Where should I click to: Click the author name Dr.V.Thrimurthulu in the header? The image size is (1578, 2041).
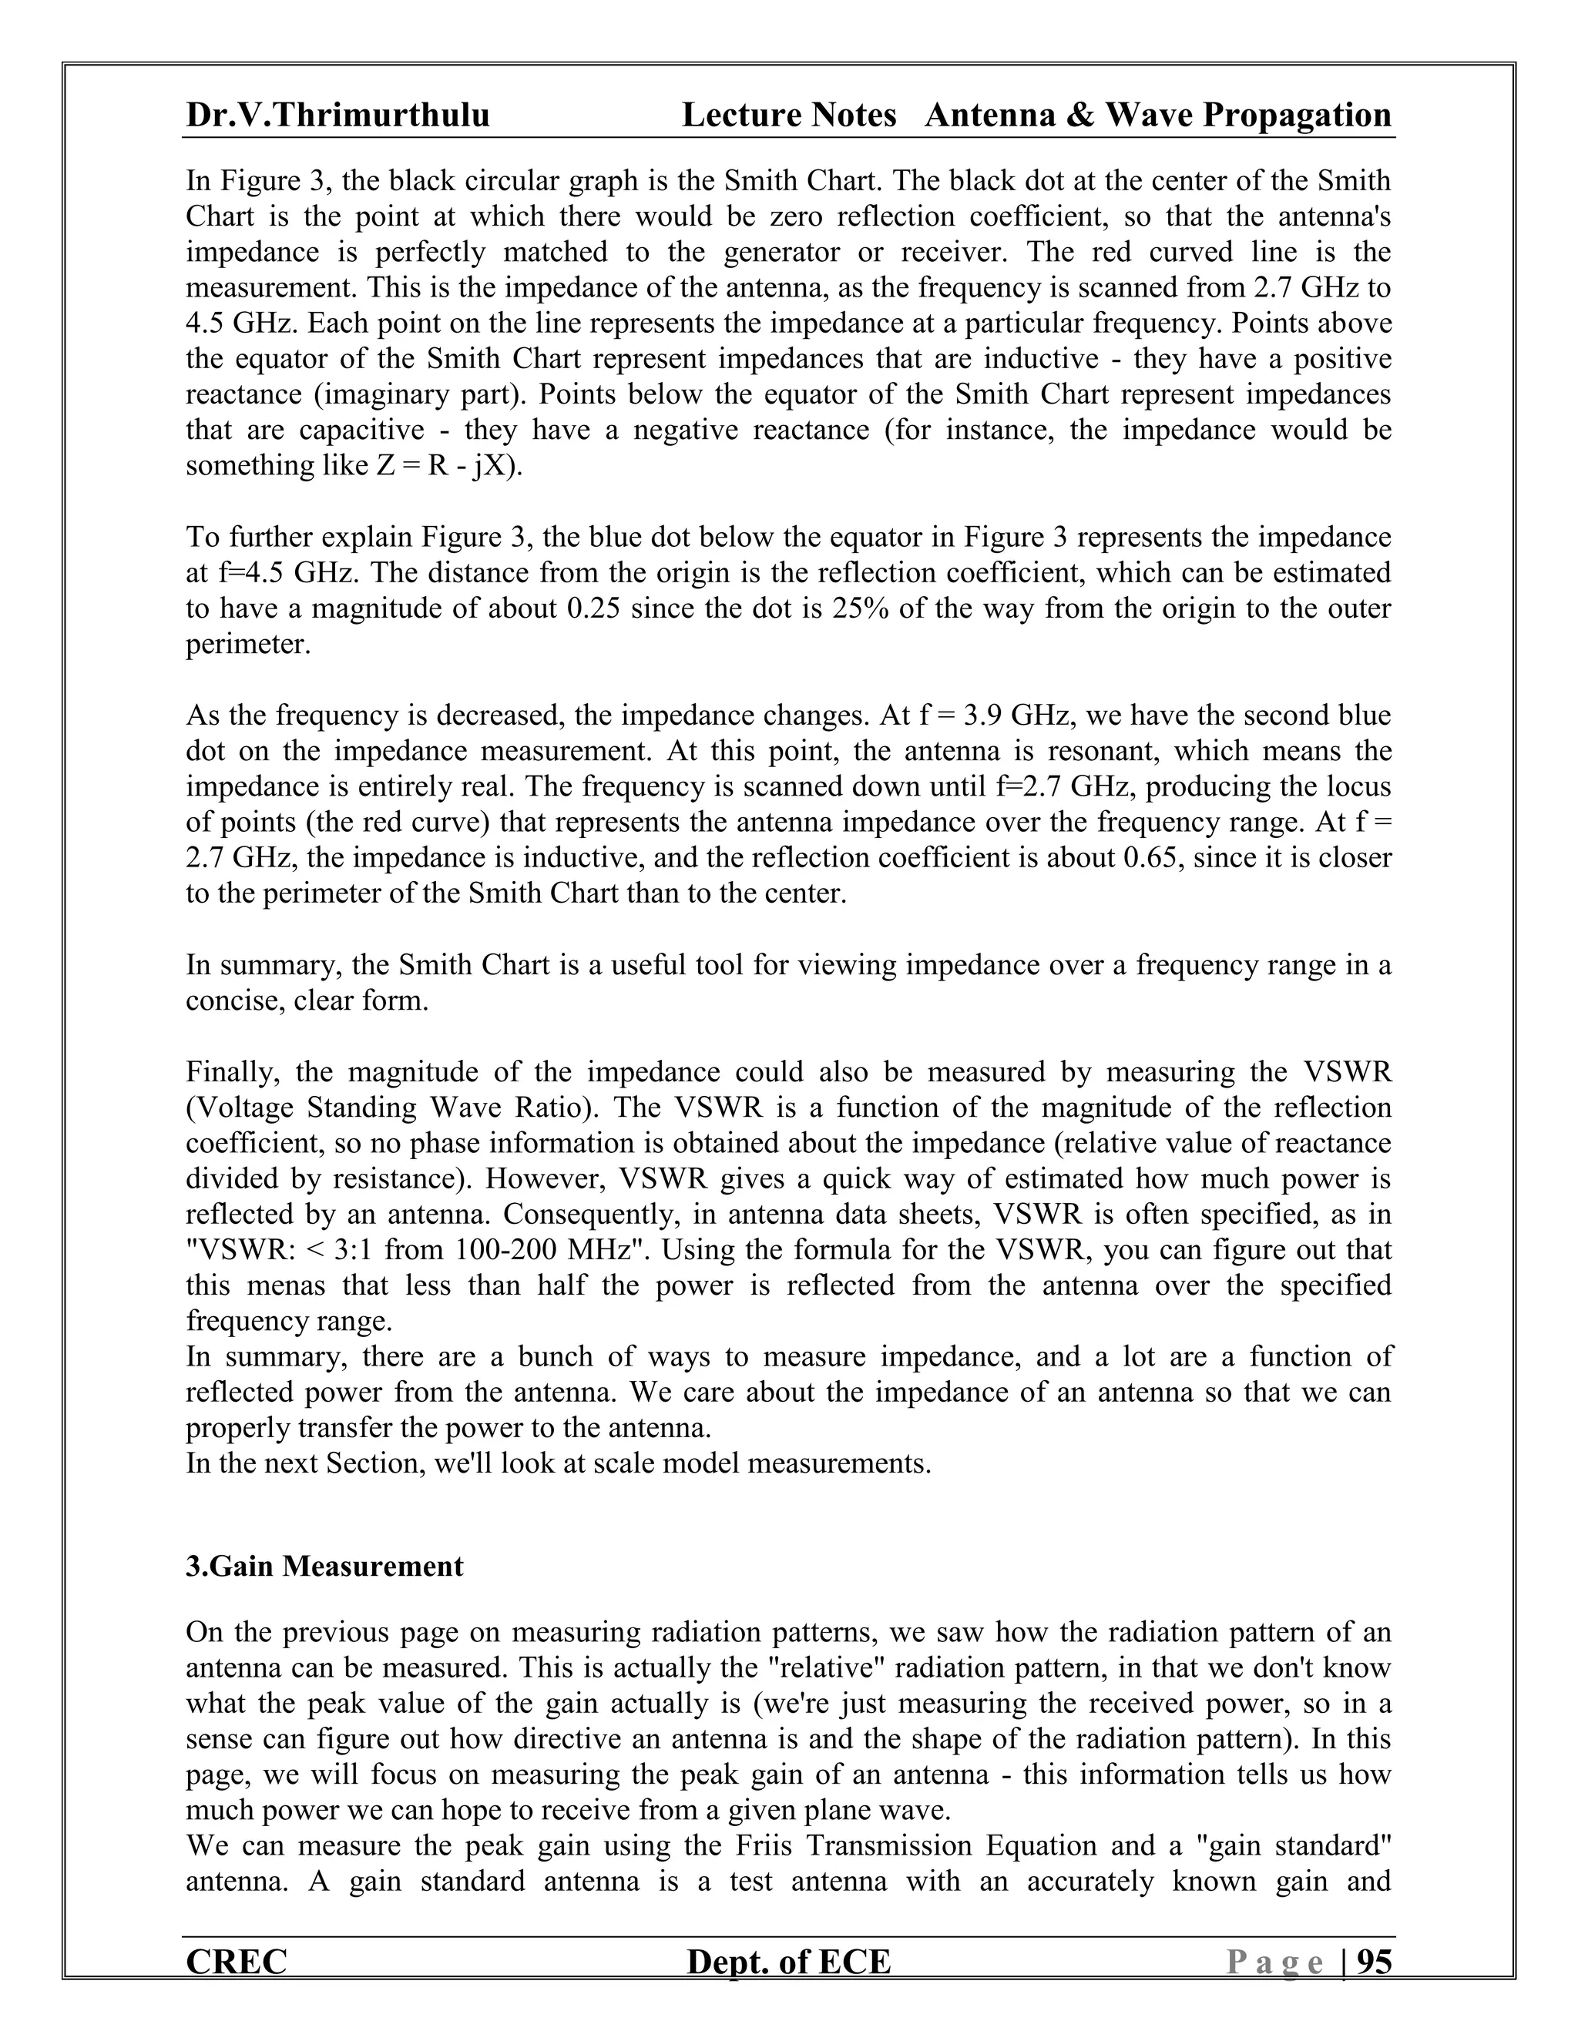click(337, 115)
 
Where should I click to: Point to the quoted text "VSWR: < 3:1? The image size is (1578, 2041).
click(281, 1249)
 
